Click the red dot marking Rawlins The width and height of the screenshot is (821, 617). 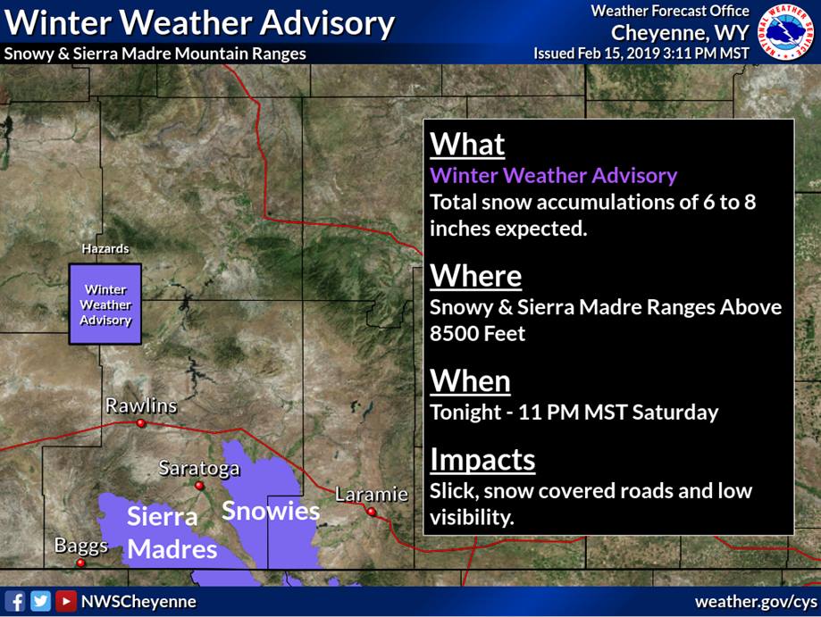tap(141, 423)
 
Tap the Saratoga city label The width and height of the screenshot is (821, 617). tap(199, 468)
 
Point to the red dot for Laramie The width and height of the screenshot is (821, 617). tap(372, 512)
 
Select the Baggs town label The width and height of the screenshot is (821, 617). tap(81, 546)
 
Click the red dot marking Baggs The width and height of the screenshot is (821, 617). tap(80, 563)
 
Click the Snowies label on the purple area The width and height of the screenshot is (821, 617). tap(271, 511)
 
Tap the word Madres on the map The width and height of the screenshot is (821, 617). tap(172, 549)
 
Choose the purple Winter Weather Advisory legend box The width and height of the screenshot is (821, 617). tap(105, 304)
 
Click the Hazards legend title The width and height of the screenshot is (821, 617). tap(105, 248)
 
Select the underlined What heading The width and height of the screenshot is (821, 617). tap(467, 144)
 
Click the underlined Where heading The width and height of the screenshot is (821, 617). tap(476, 275)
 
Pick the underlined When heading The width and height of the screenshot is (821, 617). tap(470, 381)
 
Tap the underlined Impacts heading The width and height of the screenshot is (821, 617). tap(482, 460)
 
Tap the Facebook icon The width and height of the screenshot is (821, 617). tap(14, 601)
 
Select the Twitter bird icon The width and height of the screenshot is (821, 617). tap(40, 601)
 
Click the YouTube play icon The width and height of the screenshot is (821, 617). tap(66, 601)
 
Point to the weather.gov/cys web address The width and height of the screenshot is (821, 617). tap(756, 602)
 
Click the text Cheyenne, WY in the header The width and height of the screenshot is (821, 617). tap(680, 33)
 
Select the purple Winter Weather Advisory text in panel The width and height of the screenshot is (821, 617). tap(554, 175)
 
